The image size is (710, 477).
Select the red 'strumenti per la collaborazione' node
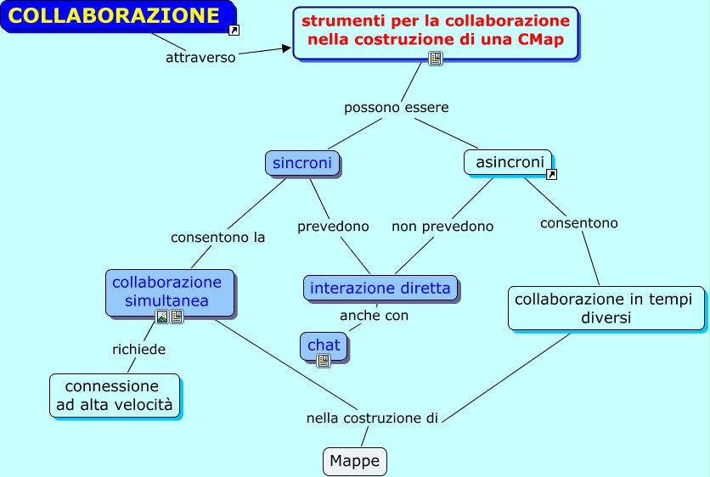coord(436,30)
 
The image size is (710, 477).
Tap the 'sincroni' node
coord(302,162)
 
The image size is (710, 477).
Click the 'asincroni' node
coord(508,162)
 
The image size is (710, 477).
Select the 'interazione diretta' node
coord(380,288)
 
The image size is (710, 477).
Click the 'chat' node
coord(324,345)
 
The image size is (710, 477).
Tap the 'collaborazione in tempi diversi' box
coord(606,307)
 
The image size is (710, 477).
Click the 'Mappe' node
coord(355,461)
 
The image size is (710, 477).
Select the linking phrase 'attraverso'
coord(200,58)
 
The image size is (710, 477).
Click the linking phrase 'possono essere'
coord(396,108)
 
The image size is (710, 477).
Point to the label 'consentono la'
coord(218,238)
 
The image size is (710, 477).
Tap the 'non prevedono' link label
coord(442,227)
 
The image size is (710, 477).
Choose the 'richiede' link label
coord(138,349)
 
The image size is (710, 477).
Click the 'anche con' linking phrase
coord(374,316)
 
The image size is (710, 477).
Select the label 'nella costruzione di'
coord(372,418)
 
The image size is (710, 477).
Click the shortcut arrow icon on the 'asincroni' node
coord(551,175)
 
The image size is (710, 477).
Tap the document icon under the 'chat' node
coord(324,361)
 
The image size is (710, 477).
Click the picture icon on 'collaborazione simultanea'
coord(162,317)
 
